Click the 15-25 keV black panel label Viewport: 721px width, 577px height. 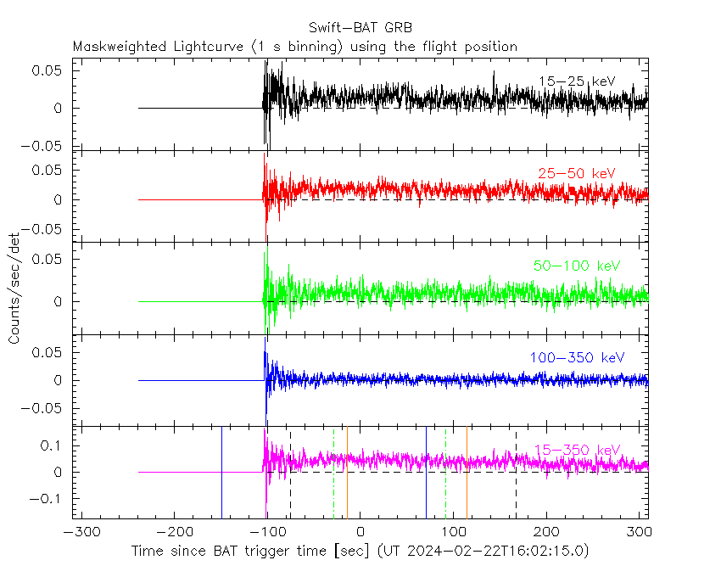(x=576, y=81)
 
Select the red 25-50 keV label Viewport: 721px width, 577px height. (x=576, y=174)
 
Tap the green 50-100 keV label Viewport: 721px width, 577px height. (x=576, y=266)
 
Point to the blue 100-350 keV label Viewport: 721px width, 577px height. (x=576, y=358)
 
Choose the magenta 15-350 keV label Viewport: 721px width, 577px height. (x=576, y=450)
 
